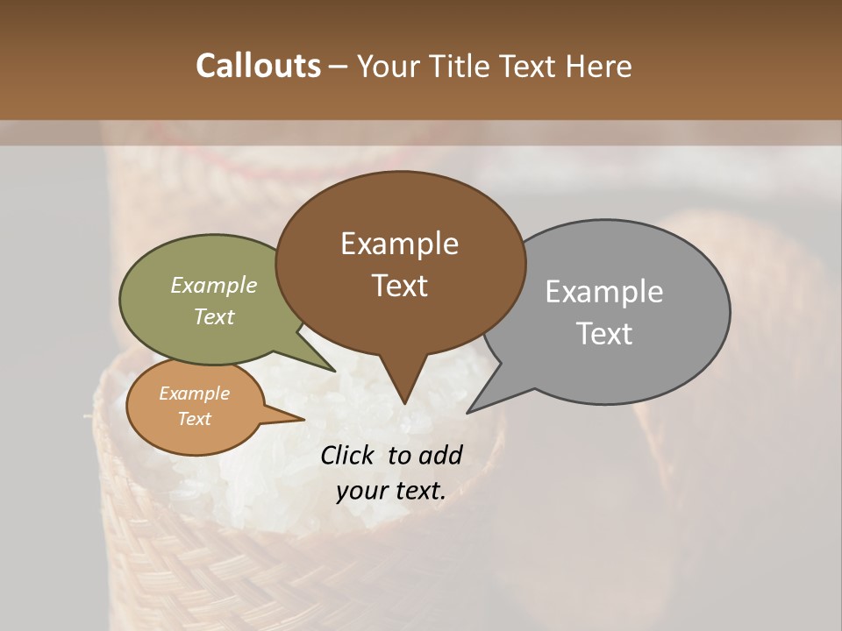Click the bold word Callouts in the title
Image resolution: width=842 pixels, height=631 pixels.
(x=258, y=66)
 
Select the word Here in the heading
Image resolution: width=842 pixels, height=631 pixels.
(x=599, y=66)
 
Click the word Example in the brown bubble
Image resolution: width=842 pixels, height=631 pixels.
(x=399, y=244)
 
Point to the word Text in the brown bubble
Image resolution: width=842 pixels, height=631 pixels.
(x=399, y=286)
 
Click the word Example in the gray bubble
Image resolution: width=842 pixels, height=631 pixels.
(x=603, y=292)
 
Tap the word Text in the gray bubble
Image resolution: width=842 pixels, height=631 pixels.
(x=604, y=334)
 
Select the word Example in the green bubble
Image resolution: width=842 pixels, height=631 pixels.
(x=213, y=285)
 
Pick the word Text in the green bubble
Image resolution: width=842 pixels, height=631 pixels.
(x=213, y=316)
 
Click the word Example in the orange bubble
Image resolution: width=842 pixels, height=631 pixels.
(x=194, y=393)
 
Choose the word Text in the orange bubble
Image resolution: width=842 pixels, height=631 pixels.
(x=194, y=419)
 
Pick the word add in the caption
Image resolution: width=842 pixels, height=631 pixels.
(x=442, y=455)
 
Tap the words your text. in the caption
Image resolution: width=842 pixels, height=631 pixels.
(x=390, y=491)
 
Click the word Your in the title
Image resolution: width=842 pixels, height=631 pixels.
(x=387, y=66)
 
